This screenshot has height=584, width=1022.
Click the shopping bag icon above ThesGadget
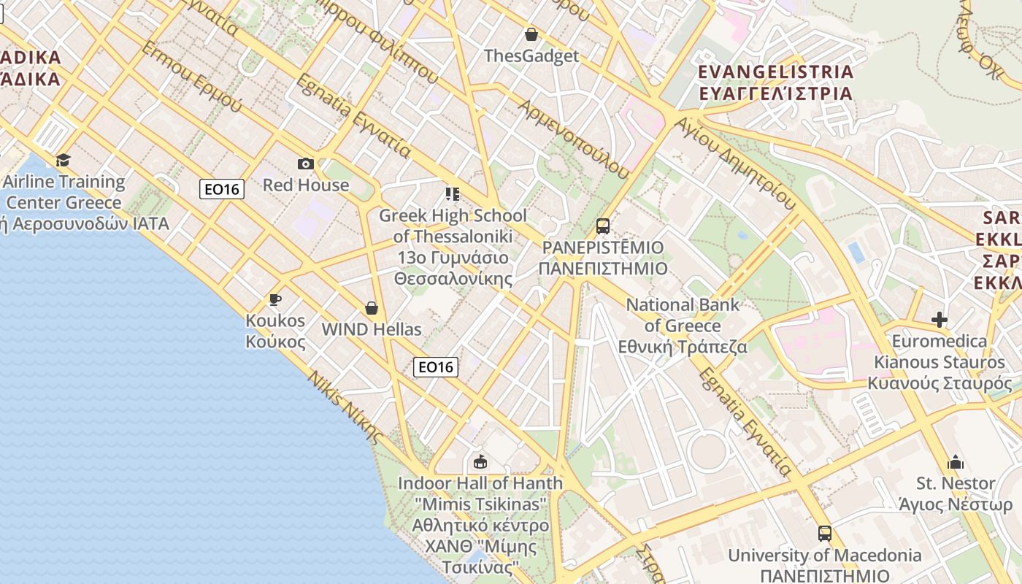coord(531,34)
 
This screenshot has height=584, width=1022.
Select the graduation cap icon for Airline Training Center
coord(64,160)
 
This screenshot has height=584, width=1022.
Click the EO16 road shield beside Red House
coord(222,189)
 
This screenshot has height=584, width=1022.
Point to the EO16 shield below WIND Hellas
coord(436,366)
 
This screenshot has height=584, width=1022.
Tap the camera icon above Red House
coord(306,164)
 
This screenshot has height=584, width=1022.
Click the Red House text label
coord(306,185)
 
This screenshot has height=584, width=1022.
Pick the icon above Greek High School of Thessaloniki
coord(453,194)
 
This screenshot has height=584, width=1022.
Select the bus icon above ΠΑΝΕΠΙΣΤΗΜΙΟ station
coord(603,226)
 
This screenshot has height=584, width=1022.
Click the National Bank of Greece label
coord(683,326)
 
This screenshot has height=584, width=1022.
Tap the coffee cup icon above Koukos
coord(275,299)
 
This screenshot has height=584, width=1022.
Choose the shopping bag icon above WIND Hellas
coord(372,308)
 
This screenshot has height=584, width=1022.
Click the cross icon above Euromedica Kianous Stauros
coord(940,320)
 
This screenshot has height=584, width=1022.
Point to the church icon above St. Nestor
coord(956,462)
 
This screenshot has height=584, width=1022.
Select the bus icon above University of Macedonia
coord(825,534)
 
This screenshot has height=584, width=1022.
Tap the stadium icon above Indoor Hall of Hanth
coord(480,461)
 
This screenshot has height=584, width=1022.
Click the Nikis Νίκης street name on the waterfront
coord(345,407)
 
